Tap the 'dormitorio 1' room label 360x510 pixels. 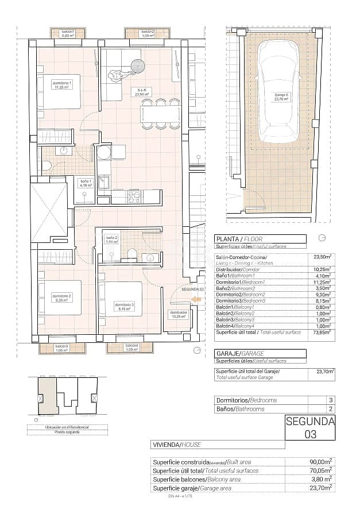pos(61,85)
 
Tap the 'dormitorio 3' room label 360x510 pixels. pos(124,306)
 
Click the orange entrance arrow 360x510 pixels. pos(196,299)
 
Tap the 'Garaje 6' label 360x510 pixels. pos(281,97)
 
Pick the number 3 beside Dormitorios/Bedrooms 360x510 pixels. pos(330,400)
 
